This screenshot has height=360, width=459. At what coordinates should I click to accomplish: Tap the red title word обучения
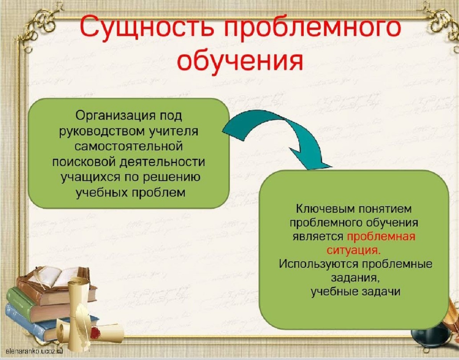(x=240, y=60)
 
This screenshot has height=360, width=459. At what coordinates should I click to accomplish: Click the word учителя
(x=171, y=131)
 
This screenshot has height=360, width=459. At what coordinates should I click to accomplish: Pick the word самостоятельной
(x=129, y=146)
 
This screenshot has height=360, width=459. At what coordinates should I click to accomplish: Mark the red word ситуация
(x=353, y=251)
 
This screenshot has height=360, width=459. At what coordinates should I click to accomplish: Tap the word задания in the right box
(x=355, y=279)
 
